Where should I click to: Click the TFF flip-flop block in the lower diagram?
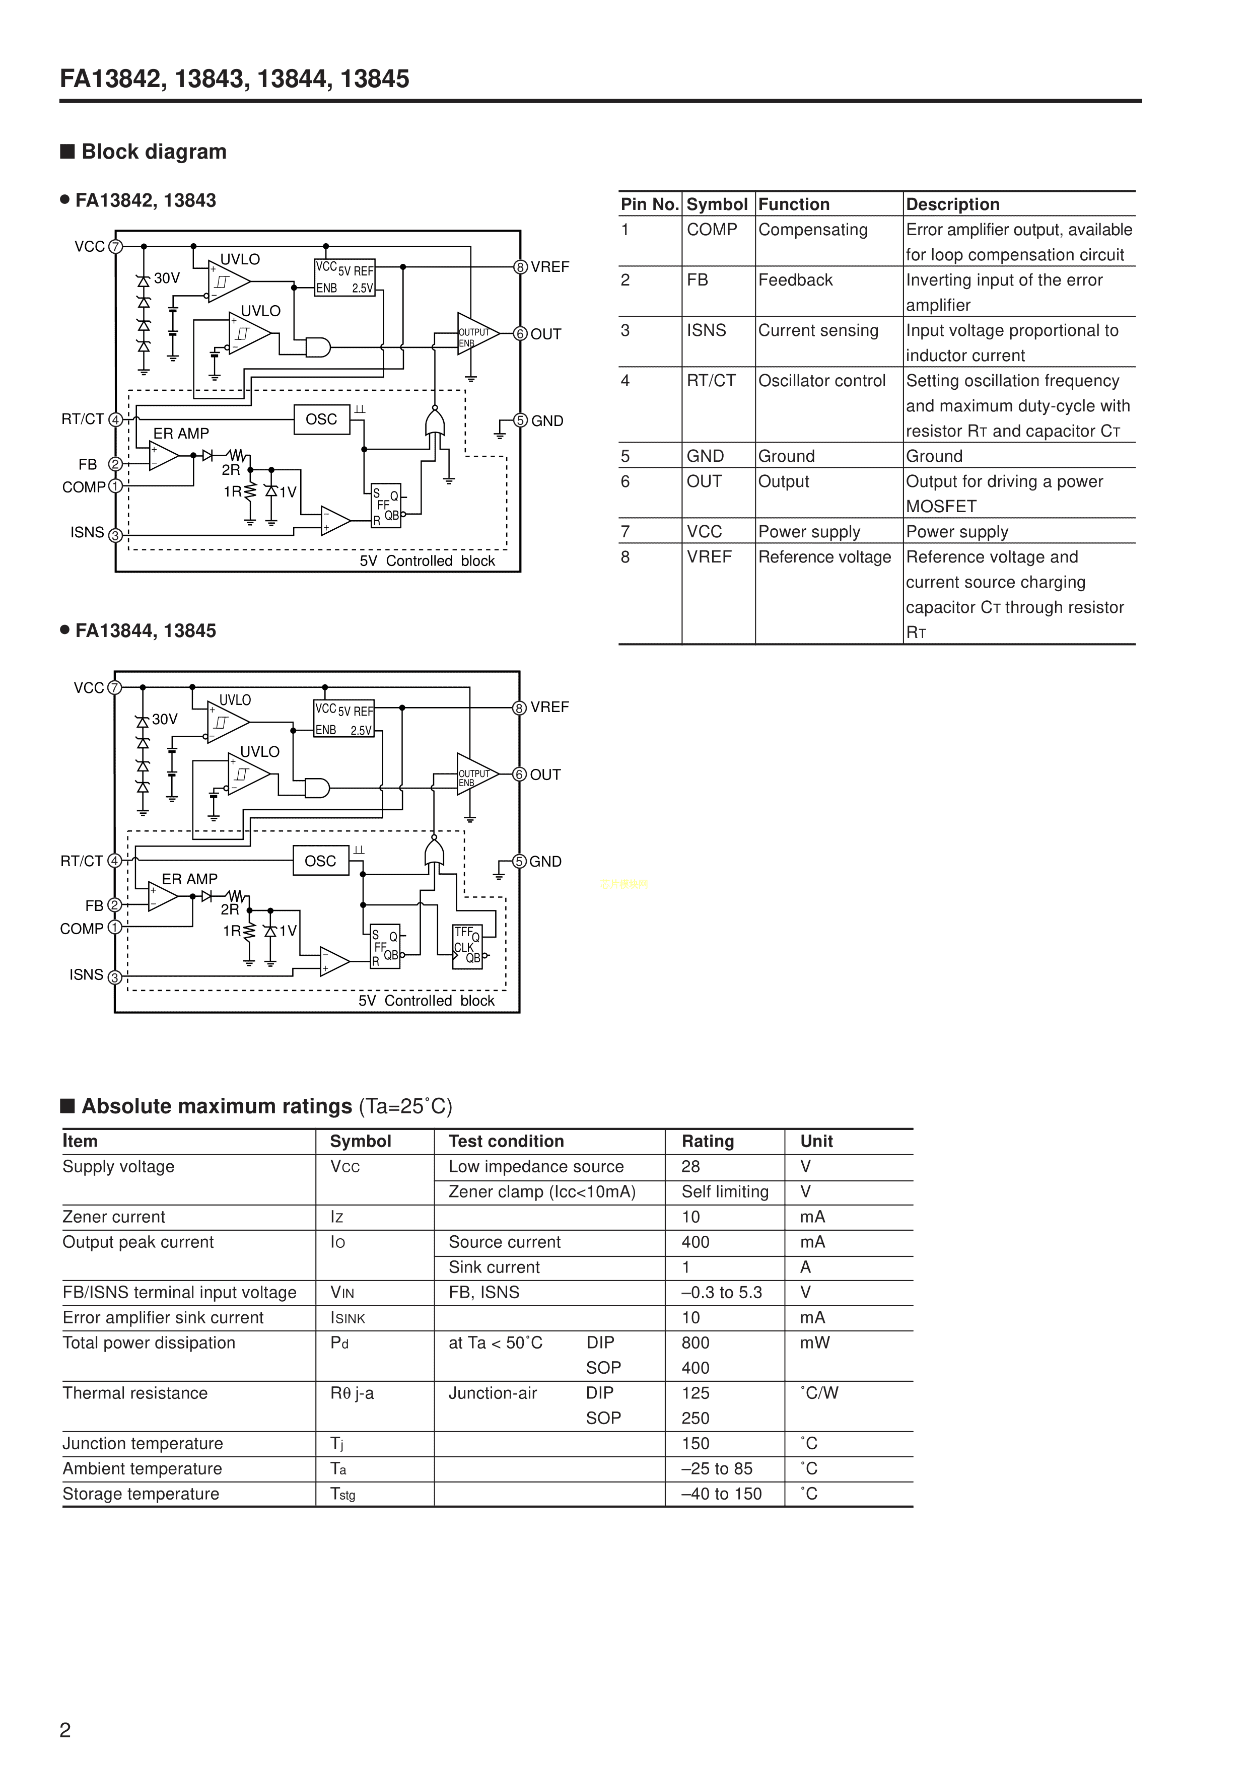point(467,946)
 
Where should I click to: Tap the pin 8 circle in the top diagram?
point(521,267)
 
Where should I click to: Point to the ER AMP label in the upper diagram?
point(181,434)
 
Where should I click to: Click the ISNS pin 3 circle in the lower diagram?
point(115,977)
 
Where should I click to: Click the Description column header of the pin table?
point(952,204)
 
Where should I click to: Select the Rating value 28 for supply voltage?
point(690,1167)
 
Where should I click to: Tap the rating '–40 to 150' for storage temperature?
point(721,1494)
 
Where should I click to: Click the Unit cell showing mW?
point(814,1343)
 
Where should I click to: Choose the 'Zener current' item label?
point(114,1217)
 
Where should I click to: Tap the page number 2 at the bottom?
point(65,1730)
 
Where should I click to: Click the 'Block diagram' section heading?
point(154,152)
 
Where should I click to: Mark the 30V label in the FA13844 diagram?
point(165,720)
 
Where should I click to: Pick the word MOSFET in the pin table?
point(941,507)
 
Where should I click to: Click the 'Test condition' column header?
point(506,1141)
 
